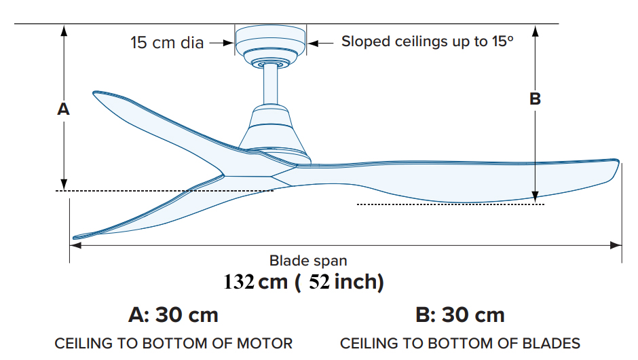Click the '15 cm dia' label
click(x=167, y=43)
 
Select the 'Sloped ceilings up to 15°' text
click(x=427, y=41)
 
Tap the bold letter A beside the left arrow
click(x=63, y=109)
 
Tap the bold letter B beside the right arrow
click(x=535, y=99)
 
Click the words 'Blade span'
click(x=308, y=260)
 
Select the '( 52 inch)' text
click(x=339, y=282)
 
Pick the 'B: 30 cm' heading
click(x=459, y=315)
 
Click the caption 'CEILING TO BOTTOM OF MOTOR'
click(x=174, y=344)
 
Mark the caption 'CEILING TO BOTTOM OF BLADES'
click(x=460, y=344)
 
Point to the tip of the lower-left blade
click(x=75, y=237)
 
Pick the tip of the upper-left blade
click(x=95, y=93)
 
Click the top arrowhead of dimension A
click(x=64, y=29)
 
